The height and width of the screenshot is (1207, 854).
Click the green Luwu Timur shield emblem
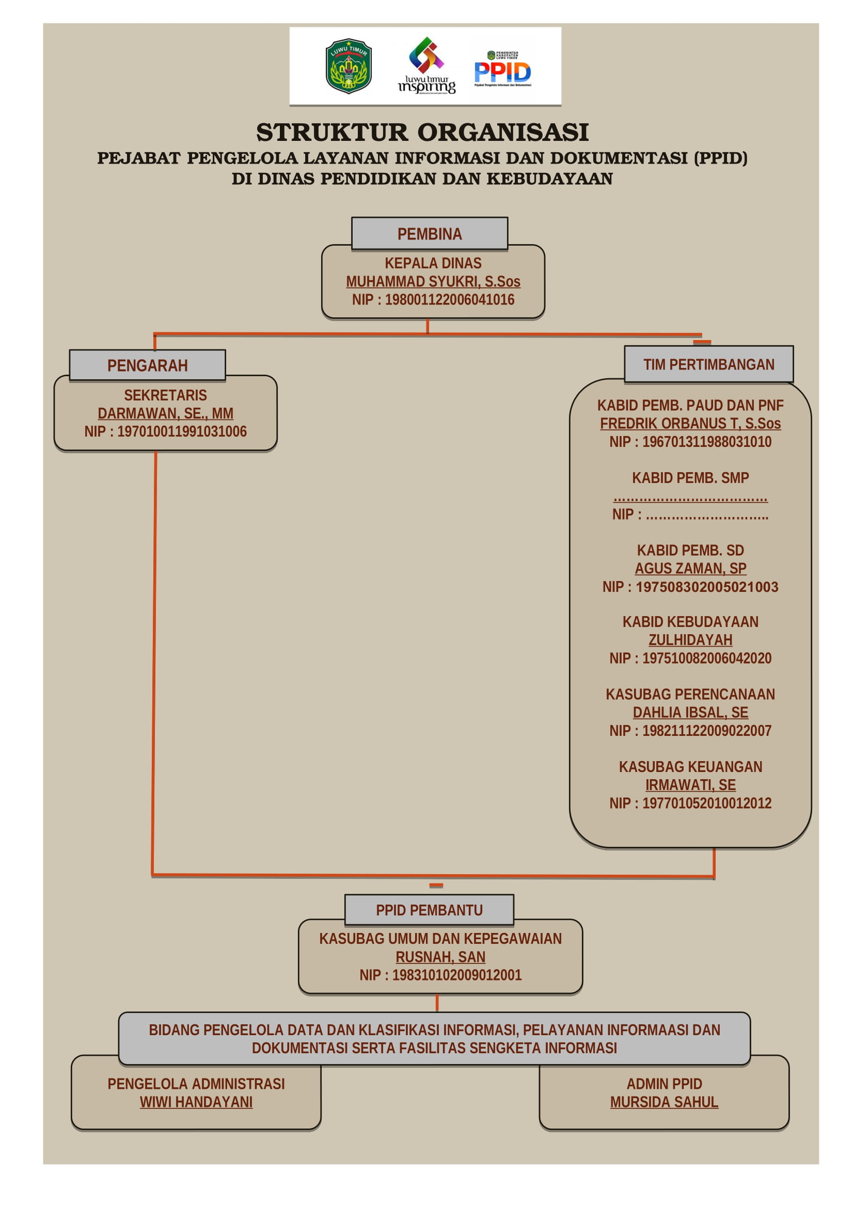348,66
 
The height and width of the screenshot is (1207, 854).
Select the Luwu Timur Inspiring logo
426,66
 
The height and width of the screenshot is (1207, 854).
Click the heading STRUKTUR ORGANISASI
422,132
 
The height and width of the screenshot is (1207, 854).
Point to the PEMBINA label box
430,233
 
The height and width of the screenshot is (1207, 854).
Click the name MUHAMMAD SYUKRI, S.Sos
433,282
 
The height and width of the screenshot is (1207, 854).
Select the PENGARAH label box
147,365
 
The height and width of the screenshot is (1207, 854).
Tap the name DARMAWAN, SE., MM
165,414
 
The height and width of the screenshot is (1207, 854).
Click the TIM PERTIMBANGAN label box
708,364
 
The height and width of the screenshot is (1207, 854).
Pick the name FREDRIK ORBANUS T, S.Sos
690,424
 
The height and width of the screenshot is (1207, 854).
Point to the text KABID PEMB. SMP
690,478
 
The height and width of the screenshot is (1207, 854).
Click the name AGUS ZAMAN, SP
690,569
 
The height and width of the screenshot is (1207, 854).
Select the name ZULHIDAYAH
690,640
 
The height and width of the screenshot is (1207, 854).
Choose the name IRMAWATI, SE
690,785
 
